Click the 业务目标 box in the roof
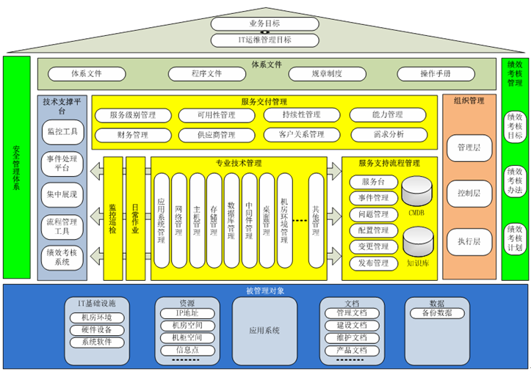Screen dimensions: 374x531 [266, 23]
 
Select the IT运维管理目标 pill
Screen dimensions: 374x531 [266, 40]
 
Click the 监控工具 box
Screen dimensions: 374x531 [62, 132]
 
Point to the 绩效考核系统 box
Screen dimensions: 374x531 [62, 257]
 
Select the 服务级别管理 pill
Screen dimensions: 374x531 [132, 115]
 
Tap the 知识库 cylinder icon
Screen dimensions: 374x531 [417, 242]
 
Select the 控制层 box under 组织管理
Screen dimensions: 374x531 [469, 194]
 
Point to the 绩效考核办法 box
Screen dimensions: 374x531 [515, 183]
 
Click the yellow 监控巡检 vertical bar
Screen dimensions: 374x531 [112, 218]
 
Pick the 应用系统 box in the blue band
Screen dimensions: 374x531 [265, 331]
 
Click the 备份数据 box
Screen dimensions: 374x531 [437, 313]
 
